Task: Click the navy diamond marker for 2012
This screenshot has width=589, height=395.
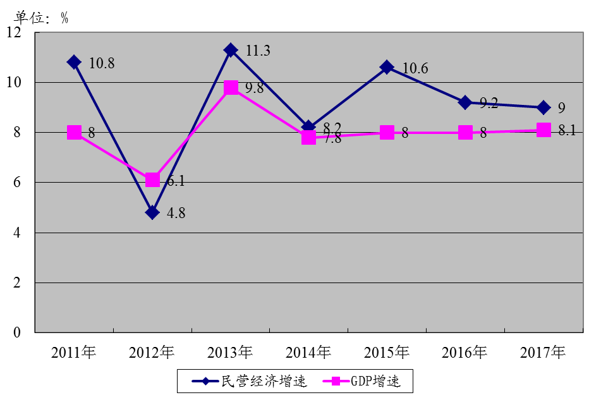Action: click(x=152, y=212)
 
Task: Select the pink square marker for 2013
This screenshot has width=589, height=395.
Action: click(x=231, y=87)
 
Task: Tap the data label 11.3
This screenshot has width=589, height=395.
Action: click(x=258, y=51)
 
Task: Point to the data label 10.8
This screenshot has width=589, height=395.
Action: click(x=102, y=64)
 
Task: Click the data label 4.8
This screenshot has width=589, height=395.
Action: click(x=177, y=213)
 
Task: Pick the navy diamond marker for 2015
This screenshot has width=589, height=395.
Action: click(x=387, y=68)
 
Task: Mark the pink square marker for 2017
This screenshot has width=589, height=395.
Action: click(x=543, y=130)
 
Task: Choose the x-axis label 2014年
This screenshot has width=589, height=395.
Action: click(x=308, y=352)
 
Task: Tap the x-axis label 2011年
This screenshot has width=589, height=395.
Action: click(x=74, y=352)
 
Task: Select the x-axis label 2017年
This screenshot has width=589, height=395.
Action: click(x=543, y=352)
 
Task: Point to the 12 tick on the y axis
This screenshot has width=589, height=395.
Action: click(x=14, y=32)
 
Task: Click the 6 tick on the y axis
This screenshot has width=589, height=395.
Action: click(x=18, y=183)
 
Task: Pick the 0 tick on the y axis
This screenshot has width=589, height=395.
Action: click(x=18, y=332)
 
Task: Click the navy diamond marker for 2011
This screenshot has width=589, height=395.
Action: click(x=74, y=62)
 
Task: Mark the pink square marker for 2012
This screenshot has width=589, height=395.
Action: click(x=152, y=180)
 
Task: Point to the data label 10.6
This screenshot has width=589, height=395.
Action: click(x=415, y=68)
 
